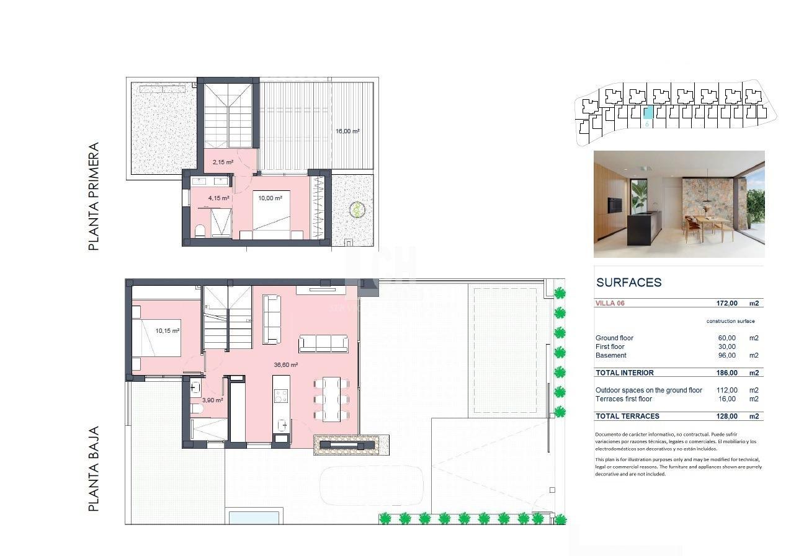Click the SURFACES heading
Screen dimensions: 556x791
[628, 283]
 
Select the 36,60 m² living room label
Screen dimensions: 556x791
[285, 365]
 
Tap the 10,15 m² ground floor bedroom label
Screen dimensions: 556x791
[167, 331]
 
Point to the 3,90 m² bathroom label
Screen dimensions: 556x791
[212, 400]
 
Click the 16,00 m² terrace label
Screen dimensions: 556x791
[347, 131]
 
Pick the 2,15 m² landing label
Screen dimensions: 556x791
[222, 162]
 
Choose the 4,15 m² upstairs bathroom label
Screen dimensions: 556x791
[218, 198]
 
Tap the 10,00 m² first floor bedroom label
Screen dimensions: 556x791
[270, 198]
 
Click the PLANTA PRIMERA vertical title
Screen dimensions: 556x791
[94, 197]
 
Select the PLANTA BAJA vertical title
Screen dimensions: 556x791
[94, 469]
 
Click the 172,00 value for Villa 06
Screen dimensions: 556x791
[726, 304]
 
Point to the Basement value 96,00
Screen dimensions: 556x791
[726, 356]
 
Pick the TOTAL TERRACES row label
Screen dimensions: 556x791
[627, 417]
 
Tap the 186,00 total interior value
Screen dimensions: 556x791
[726, 373]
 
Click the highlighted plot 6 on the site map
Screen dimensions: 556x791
[648, 113]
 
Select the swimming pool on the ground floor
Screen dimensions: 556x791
[254, 517]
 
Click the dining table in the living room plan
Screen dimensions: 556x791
[327, 399]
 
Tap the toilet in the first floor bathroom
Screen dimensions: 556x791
[200, 231]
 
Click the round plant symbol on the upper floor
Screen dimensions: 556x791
[357, 210]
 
